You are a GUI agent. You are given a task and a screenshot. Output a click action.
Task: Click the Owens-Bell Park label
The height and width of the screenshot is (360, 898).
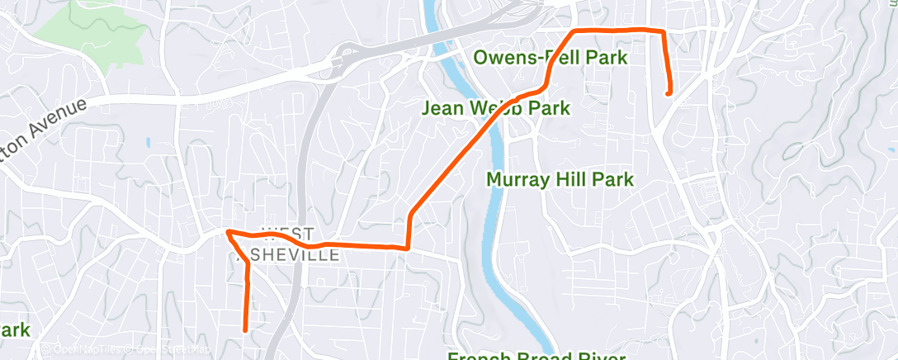coord(551,58)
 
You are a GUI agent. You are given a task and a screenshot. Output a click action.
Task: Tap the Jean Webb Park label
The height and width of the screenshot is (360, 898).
coord(495,108)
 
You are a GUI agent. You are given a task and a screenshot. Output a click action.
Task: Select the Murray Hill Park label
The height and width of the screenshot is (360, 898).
coord(560,179)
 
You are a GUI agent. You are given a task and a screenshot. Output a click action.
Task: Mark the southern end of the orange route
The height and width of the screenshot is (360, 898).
coord(245,329)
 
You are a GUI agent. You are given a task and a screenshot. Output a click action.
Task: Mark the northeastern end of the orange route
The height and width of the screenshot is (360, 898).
coord(668,93)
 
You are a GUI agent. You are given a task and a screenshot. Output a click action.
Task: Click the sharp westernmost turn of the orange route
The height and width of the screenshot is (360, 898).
coord(227,233)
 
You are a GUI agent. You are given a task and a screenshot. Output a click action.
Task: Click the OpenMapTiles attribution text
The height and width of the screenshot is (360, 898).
coord(86,350)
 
